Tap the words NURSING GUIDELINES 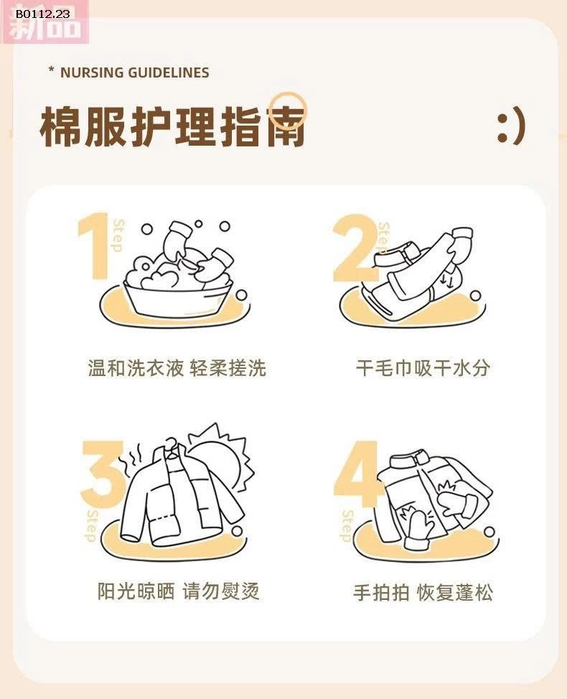(135, 72)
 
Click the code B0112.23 (43, 14)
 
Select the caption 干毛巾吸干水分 (423, 368)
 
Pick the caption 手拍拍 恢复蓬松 (423, 593)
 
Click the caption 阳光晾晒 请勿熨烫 (178, 591)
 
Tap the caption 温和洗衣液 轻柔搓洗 (177, 368)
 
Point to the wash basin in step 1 (179, 299)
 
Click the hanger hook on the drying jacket (171, 444)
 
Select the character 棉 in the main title (60, 126)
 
